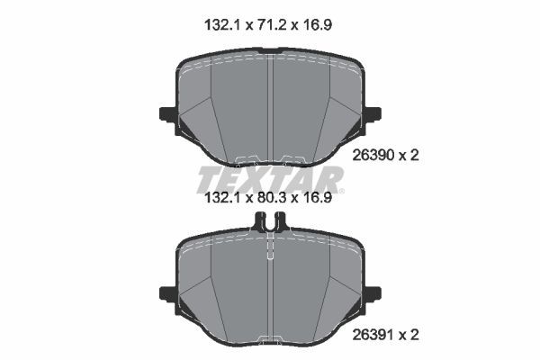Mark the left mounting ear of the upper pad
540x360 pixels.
(166, 114)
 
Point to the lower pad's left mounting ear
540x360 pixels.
(166, 293)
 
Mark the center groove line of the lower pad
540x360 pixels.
(270, 288)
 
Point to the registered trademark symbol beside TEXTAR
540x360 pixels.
(342, 190)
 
